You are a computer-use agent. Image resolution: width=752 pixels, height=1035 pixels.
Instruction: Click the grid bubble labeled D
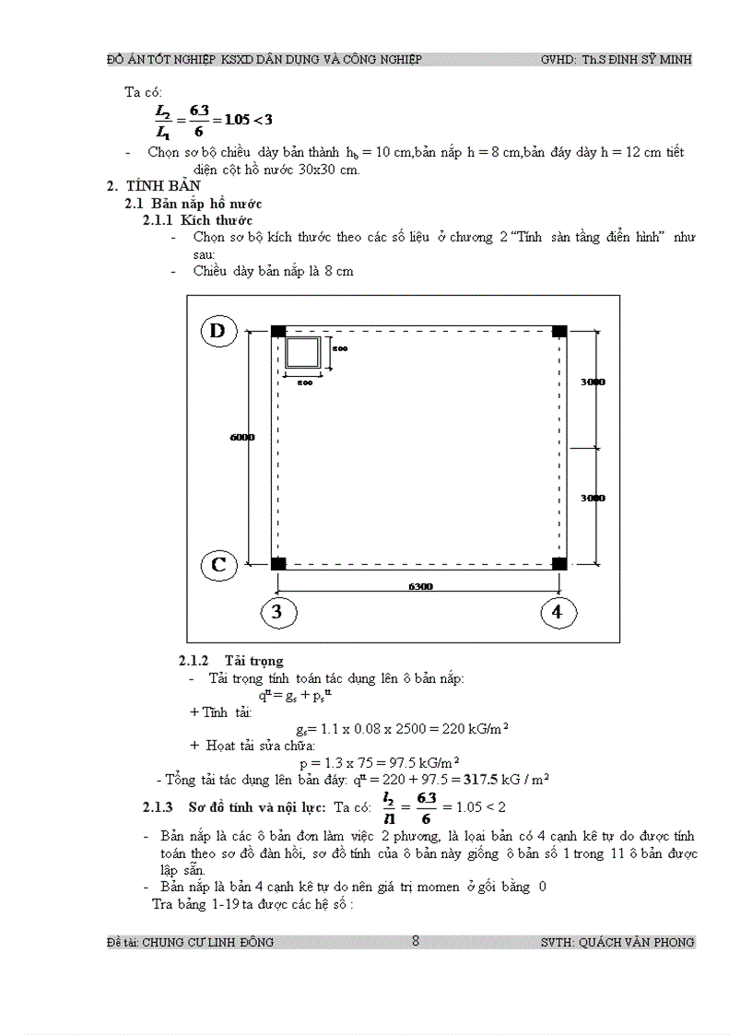tap(218, 332)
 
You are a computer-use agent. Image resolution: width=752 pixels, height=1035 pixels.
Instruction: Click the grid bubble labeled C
tap(218, 563)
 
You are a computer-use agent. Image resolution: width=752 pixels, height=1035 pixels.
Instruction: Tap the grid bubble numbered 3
tap(277, 611)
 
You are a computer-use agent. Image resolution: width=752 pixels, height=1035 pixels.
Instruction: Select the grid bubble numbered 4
tap(558, 611)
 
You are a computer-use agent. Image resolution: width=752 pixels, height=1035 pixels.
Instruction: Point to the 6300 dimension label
tap(420, 586)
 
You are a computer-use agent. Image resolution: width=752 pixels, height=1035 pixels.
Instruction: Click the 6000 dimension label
tap(241, 438)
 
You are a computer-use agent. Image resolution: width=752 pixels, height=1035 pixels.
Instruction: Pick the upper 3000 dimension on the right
tap(593, 382)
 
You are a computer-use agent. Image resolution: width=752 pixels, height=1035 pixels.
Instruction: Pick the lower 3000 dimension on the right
tap(593, 498)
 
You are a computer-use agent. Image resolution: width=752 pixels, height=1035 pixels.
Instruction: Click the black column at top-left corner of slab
tap(278, 332)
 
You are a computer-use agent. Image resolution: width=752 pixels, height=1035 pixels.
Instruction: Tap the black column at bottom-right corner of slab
tap(558, 563)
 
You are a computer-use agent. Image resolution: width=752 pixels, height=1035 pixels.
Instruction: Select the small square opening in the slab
tap(303, 354)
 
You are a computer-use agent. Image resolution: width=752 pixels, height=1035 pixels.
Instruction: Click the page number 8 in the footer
tap(416, 941)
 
